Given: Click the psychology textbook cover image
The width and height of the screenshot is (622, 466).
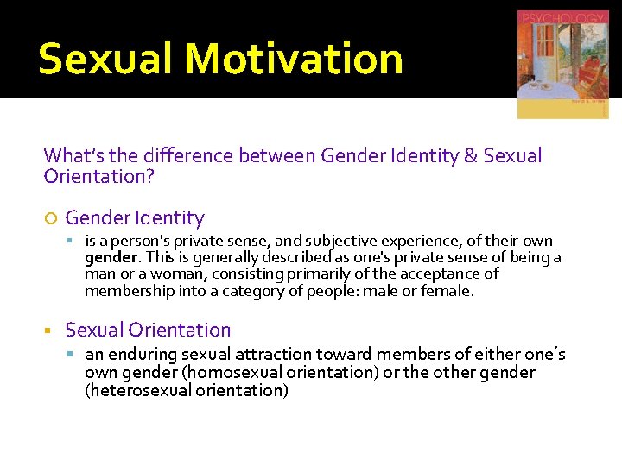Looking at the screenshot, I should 562,65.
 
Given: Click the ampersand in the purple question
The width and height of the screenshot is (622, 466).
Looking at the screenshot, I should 470,155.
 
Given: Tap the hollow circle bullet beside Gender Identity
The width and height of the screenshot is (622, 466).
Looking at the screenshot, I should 49,218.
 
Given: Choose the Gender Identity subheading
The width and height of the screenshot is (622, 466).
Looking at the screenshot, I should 135,218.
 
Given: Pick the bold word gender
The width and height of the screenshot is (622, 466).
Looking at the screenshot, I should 111,257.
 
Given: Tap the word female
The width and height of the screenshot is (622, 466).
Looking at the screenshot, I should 449,291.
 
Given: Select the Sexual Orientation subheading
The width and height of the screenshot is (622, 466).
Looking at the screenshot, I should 148,330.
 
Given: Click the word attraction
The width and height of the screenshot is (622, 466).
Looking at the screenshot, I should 274,355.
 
